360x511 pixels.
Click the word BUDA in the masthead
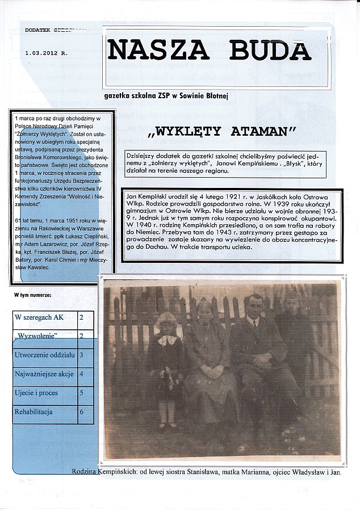(270, 50)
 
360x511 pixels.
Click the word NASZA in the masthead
(158, 50)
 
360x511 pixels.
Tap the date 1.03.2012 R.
(46, 52)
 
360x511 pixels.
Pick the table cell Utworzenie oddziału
(45, 355)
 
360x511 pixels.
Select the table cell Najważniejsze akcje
(45, 374)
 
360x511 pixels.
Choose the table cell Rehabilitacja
(34, 411)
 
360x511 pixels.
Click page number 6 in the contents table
(82, 411)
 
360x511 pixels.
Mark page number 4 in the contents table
(82, 374)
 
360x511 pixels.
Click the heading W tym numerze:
(33, 295)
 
